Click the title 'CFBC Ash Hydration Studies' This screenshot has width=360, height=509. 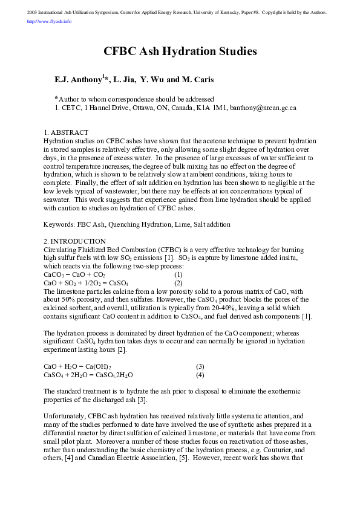click(180, 51)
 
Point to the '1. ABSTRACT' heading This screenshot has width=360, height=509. click(66, 132)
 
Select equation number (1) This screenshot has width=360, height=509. click(178, 274)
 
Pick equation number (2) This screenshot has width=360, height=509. click(178, 282)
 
